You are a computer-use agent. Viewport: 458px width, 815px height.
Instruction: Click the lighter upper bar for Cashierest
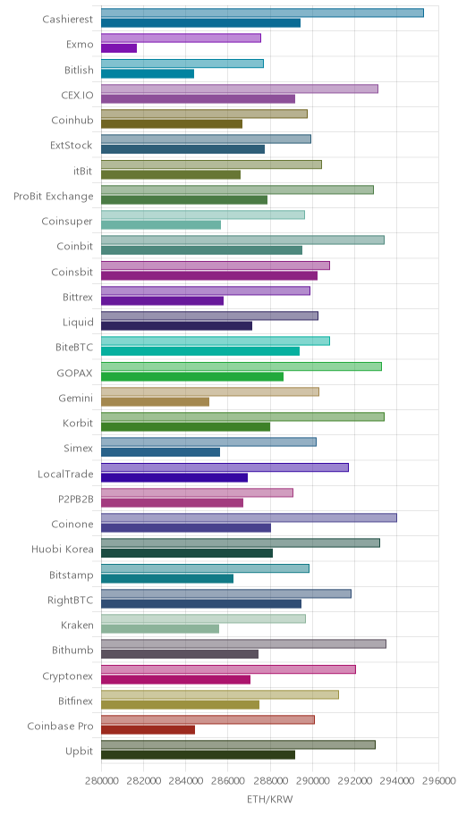(x=262, y=13)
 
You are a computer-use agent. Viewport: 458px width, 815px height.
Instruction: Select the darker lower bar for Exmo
(x=119, y=48)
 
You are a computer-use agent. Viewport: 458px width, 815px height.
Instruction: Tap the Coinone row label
(x=72, y=525)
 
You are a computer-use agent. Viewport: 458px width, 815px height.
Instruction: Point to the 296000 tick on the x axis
(x=438, y=781)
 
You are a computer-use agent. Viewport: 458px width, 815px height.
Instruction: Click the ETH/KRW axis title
(x=269, y=800)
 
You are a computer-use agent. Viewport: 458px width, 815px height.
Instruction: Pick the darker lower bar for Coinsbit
(x=209, y=276)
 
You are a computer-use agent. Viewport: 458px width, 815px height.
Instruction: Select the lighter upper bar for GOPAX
(x=241, y=366)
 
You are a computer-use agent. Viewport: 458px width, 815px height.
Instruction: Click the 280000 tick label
(x=101, y=781)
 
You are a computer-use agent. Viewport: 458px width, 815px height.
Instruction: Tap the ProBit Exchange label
(x=54, y=197)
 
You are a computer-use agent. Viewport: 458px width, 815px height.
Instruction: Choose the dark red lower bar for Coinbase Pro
(x=148, y=730)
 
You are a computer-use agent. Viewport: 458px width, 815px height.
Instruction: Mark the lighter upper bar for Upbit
(x=238, y=744)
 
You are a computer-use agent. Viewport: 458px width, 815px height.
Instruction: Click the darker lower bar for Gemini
(x=155, y=402)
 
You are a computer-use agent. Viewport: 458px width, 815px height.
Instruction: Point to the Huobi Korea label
(x=63, y=550)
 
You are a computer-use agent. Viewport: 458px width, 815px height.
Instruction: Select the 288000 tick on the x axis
(x=269, y=781)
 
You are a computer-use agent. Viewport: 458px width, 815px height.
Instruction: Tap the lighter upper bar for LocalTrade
(x=225, y=467)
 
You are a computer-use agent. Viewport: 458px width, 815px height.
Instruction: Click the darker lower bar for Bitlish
(x=148, y=74)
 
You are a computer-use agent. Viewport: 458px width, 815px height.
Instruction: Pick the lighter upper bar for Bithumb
(x=243, y=644)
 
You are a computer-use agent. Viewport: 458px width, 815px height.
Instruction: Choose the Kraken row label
(x=77, y=626)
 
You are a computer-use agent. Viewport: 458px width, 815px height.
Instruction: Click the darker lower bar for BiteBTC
(x=200, y=351)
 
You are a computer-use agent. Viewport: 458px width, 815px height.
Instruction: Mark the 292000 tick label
(x=354, y=781)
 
